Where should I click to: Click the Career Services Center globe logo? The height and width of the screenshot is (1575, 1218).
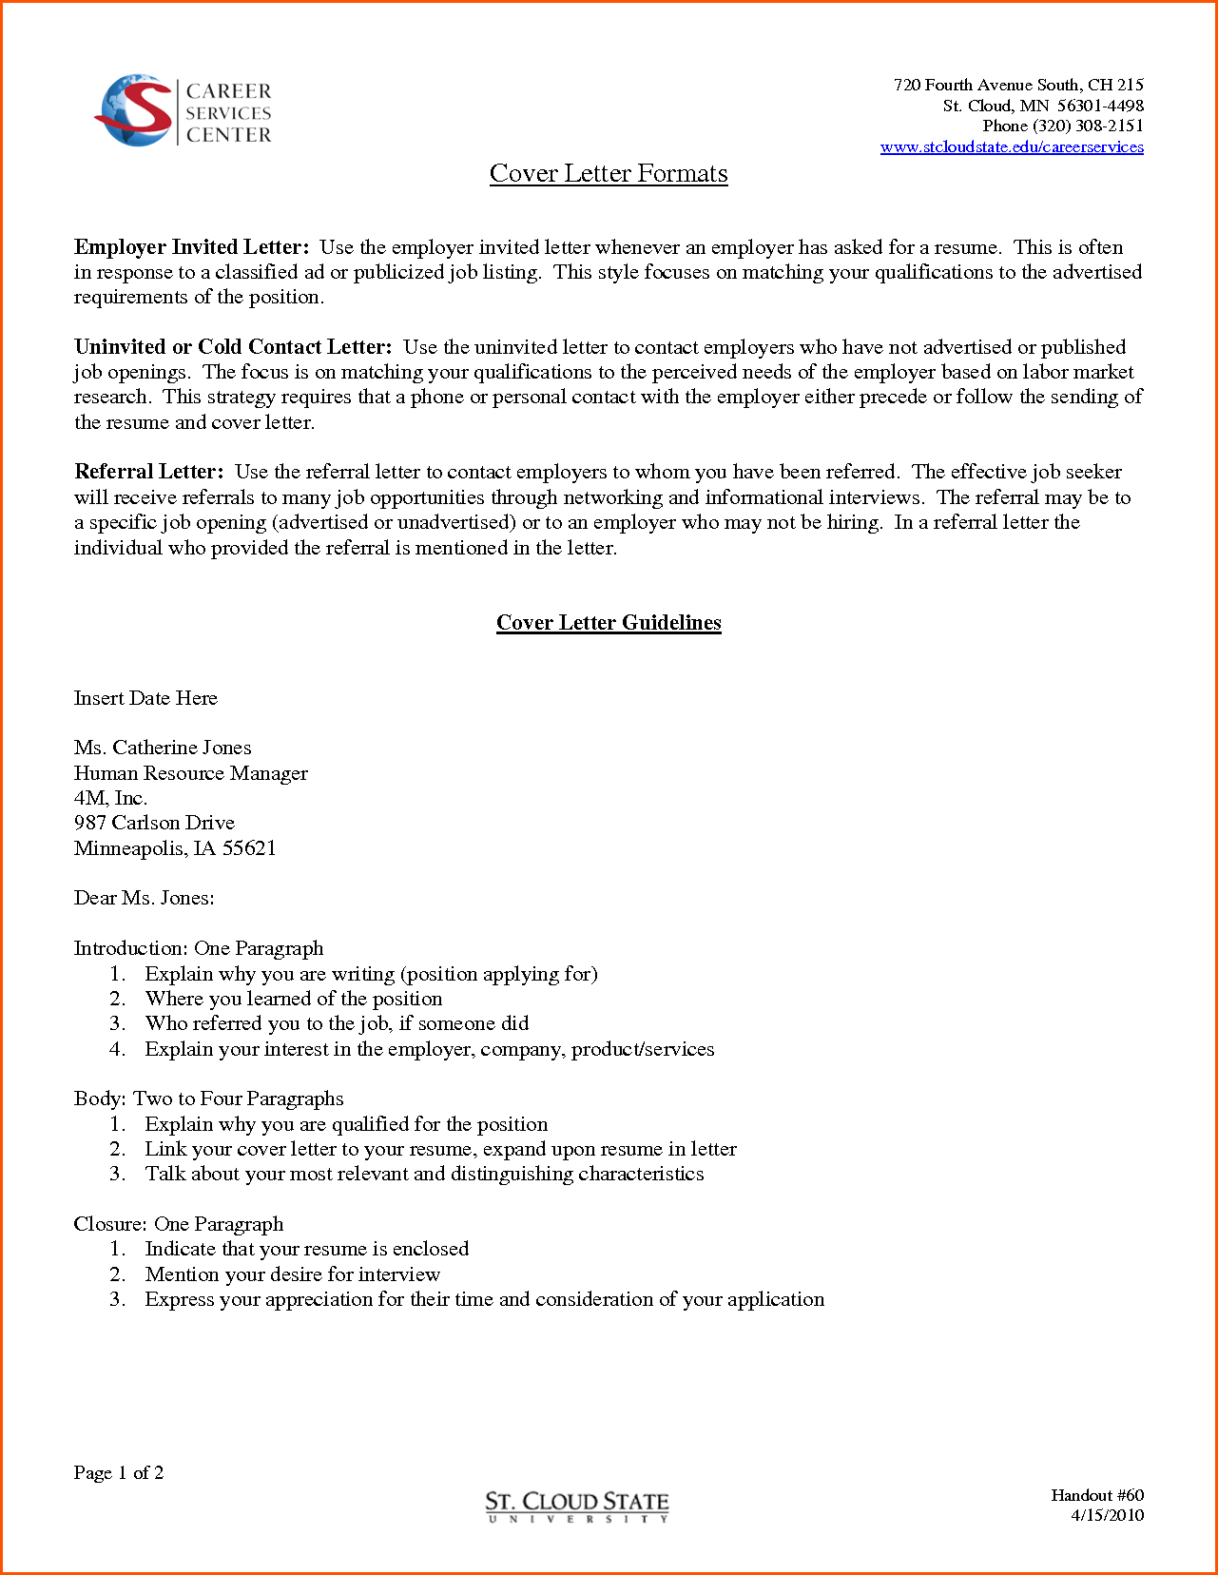[x=134, y=111]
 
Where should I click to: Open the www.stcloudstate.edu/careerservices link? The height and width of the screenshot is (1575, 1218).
[x=1012, y=147]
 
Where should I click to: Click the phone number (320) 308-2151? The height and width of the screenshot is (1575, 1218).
[x=1088, y=126]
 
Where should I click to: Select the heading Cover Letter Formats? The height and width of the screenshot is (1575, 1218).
[x=609, y=174]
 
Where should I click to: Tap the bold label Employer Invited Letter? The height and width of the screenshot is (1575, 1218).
[x=191, y=248]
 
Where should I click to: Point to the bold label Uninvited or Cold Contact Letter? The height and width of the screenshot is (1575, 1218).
[x=233, y=347]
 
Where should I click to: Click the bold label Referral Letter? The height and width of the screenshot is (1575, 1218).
[x=149, y=473]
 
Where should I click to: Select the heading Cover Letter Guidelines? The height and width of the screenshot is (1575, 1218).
[x=609, y=623]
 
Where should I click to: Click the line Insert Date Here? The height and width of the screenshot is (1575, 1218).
[x=145, y=698]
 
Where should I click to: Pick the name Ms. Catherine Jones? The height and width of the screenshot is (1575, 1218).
[x=163, y=749]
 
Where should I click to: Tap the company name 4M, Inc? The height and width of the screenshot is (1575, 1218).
[x=110, y=798]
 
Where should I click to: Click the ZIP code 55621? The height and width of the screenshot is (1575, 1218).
[x=249, y=848]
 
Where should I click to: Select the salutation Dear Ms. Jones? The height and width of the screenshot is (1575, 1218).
[x=145, y=898]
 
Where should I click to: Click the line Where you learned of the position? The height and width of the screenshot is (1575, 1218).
[x=294, y=999]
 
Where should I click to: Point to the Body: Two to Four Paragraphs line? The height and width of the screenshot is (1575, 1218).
[x=209, y=1099]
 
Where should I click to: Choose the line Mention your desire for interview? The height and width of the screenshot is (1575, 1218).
[x=293, y=1274]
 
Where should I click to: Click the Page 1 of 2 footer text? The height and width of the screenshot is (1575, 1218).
[x=119, y=1473]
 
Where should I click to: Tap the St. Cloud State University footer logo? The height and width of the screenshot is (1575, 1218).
[x=577, y=1507]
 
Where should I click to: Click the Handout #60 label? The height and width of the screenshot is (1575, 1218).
[x=1097, y=1496]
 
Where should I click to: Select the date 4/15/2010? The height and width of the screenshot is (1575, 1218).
[x=1108, y=1516]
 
